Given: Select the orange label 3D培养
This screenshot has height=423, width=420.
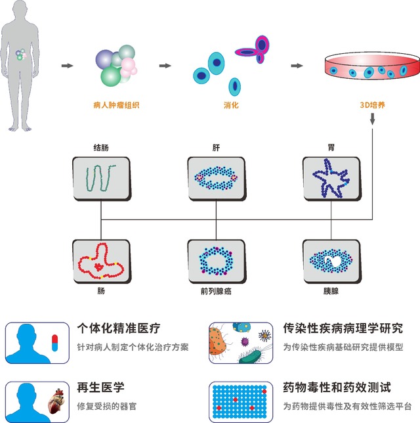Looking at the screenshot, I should tap(372, 104).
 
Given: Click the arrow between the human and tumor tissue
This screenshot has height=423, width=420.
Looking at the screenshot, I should tap(66, 66).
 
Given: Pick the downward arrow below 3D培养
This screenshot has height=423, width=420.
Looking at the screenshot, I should tap(373, 119).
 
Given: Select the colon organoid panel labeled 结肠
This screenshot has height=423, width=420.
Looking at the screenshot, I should tap(99, 177).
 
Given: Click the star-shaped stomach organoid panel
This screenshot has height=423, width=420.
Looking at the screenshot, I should tap(330, 177).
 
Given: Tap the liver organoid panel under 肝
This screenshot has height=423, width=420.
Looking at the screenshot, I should tap(215, 177).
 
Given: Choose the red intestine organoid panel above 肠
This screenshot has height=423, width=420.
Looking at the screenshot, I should tap(99, 261).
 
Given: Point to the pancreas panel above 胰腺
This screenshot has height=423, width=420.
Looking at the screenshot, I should tap(330, 261).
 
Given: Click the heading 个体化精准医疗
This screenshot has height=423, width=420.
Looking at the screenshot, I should tap(119, 328).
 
